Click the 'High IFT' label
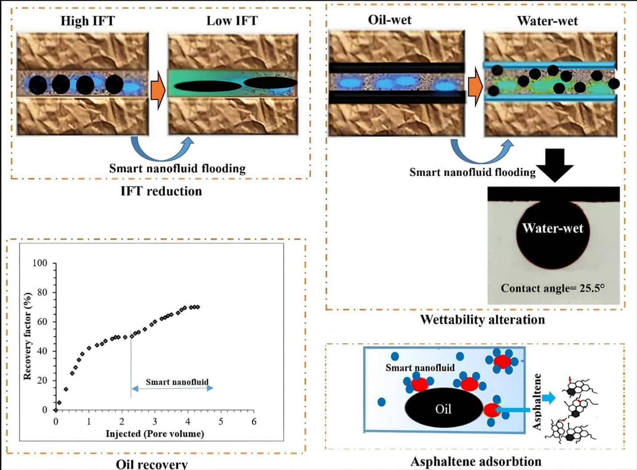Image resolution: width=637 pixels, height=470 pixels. tap(87, 21)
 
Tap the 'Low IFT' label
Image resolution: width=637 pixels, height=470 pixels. tap(232, 21)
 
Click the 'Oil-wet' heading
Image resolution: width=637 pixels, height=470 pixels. tap(390, 20)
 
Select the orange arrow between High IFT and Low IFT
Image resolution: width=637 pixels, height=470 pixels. tap(158, 90)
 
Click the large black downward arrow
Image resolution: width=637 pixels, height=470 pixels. tap(554, 164)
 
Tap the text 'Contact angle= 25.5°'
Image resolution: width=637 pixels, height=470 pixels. tap(553, 288)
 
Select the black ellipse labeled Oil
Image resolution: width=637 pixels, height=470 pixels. tap(443, 408)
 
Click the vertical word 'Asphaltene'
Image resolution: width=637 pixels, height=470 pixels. tap(537, 401)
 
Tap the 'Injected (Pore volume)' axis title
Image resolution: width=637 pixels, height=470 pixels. tap(155, 434)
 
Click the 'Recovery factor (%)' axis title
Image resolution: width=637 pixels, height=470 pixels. tap(27, 336)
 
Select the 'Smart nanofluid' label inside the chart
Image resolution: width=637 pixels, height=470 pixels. tap(177, 382)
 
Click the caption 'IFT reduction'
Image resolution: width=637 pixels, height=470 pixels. tap(161, 191)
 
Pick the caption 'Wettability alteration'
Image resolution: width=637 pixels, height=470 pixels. tap(482, 320)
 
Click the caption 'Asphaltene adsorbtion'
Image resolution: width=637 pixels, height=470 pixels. tap(476, 461)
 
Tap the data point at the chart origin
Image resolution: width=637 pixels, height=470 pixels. tap(56, 410)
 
